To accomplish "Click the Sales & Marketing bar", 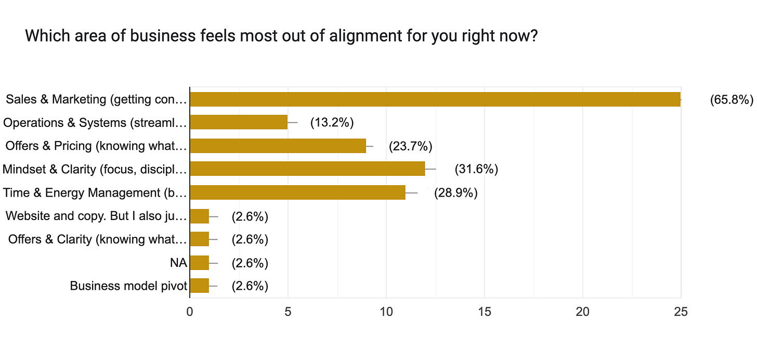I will point(435,99).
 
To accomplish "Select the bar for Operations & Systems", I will point(239,122).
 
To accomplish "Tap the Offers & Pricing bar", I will point(278,146).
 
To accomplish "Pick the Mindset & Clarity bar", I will point(307,169).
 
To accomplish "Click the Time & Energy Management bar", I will point(297,192).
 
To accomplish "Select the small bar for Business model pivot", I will point(200,286).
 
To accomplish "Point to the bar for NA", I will point(200,263).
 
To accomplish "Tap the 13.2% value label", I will point(332,123).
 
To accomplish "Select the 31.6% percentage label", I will point(476,169).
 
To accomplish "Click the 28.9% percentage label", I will point(455,193).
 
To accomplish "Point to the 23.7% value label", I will point(410,146).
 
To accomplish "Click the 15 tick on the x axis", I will point(485,312).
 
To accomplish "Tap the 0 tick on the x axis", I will point(190,312).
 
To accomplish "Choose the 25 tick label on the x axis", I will point(681,312).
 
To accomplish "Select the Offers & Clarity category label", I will point(97,239).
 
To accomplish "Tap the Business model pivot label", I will point(128,286).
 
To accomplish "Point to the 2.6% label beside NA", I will point(250,263).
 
